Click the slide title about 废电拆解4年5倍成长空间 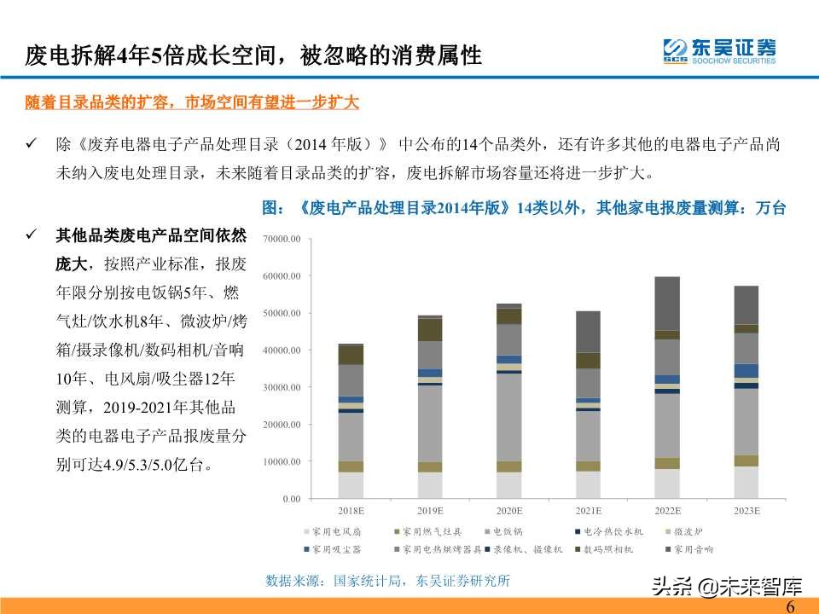(253, 56)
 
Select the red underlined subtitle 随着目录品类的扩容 (192, 102)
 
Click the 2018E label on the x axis (351, 510)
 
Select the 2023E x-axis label (746, 510)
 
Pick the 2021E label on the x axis (588, 510)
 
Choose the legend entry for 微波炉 (690, 530)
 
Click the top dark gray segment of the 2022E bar (667, 303)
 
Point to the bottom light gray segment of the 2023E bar (746, 482)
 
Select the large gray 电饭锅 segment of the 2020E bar (509, 417)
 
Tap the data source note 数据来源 (387, 581)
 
